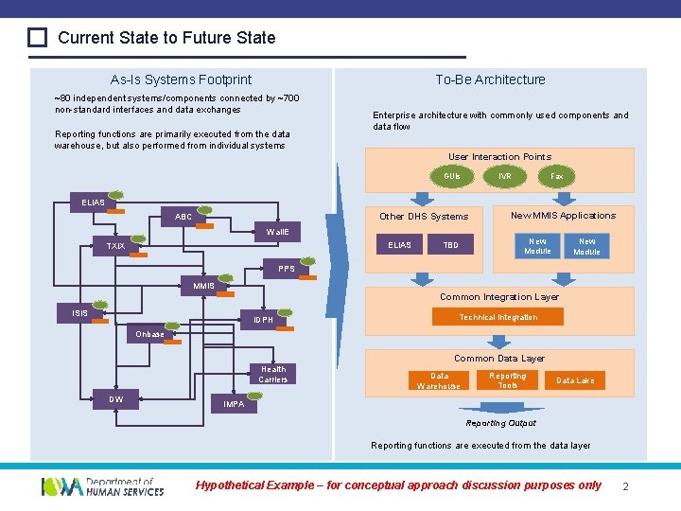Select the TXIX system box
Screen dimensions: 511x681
tap(116, 246)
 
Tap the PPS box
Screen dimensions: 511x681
tap(287, 269)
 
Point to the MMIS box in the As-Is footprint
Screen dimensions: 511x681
tap(204, 286)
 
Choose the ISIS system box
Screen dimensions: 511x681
tap(81, 313)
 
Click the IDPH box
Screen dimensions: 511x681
tap(264, 320)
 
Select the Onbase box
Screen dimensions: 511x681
tap(150, 334)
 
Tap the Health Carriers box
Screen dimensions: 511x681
tap(273, 375)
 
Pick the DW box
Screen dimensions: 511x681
tap(116, 399)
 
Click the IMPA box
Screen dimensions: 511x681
tap(234, 404)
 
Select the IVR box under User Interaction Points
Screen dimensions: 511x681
tap(505, 176)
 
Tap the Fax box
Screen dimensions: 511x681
tap(557, 176)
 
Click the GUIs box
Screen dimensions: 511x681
tap(452, 176)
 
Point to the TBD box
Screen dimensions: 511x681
tap(451, 245)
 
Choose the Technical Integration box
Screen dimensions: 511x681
tap(498, 317)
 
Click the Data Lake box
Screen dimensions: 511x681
tap(575, 380)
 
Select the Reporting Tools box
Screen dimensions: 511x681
tap(508, 380)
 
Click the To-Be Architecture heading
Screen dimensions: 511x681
tap(490, 79)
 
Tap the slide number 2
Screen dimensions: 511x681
tap(626, 486)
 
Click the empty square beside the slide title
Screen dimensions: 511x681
tap(37, 38)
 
